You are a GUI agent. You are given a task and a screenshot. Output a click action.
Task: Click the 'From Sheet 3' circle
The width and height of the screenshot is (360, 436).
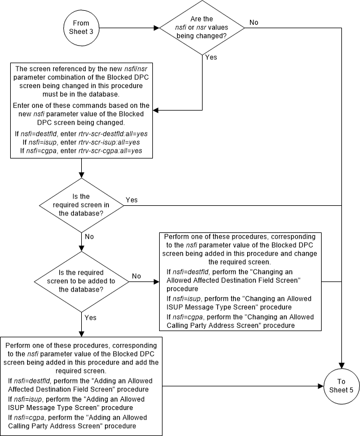(x=82, y=27)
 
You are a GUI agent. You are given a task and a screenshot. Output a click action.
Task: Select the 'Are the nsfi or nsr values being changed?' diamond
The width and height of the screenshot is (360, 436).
(x=201, y=27)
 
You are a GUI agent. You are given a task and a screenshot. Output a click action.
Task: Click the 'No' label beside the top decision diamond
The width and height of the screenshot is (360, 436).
(x=253, y=23)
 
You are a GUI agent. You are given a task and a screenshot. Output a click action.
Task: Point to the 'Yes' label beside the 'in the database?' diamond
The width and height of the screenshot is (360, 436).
(x=131, y=200)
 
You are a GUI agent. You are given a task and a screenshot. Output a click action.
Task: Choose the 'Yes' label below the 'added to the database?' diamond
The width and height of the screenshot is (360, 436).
(x=90, y=318)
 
